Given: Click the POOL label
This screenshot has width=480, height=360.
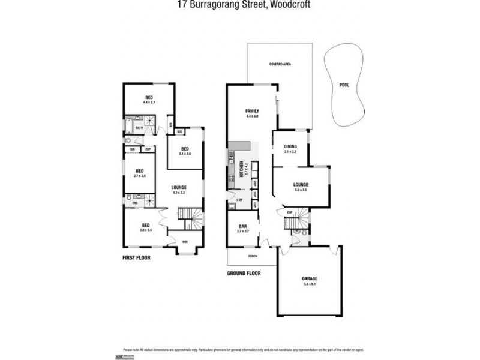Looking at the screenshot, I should [344, 85].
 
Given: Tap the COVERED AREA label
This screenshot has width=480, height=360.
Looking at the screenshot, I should [280, 64].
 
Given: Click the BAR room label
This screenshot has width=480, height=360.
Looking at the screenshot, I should [242, 227].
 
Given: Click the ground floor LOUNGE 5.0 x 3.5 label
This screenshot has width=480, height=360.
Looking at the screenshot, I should [300, 187].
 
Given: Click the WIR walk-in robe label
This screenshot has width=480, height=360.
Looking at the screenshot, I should [184, 242].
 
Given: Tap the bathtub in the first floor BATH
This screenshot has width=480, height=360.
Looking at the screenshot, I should [128, 127].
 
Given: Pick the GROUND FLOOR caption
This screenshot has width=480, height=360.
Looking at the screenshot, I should [242, 273].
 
